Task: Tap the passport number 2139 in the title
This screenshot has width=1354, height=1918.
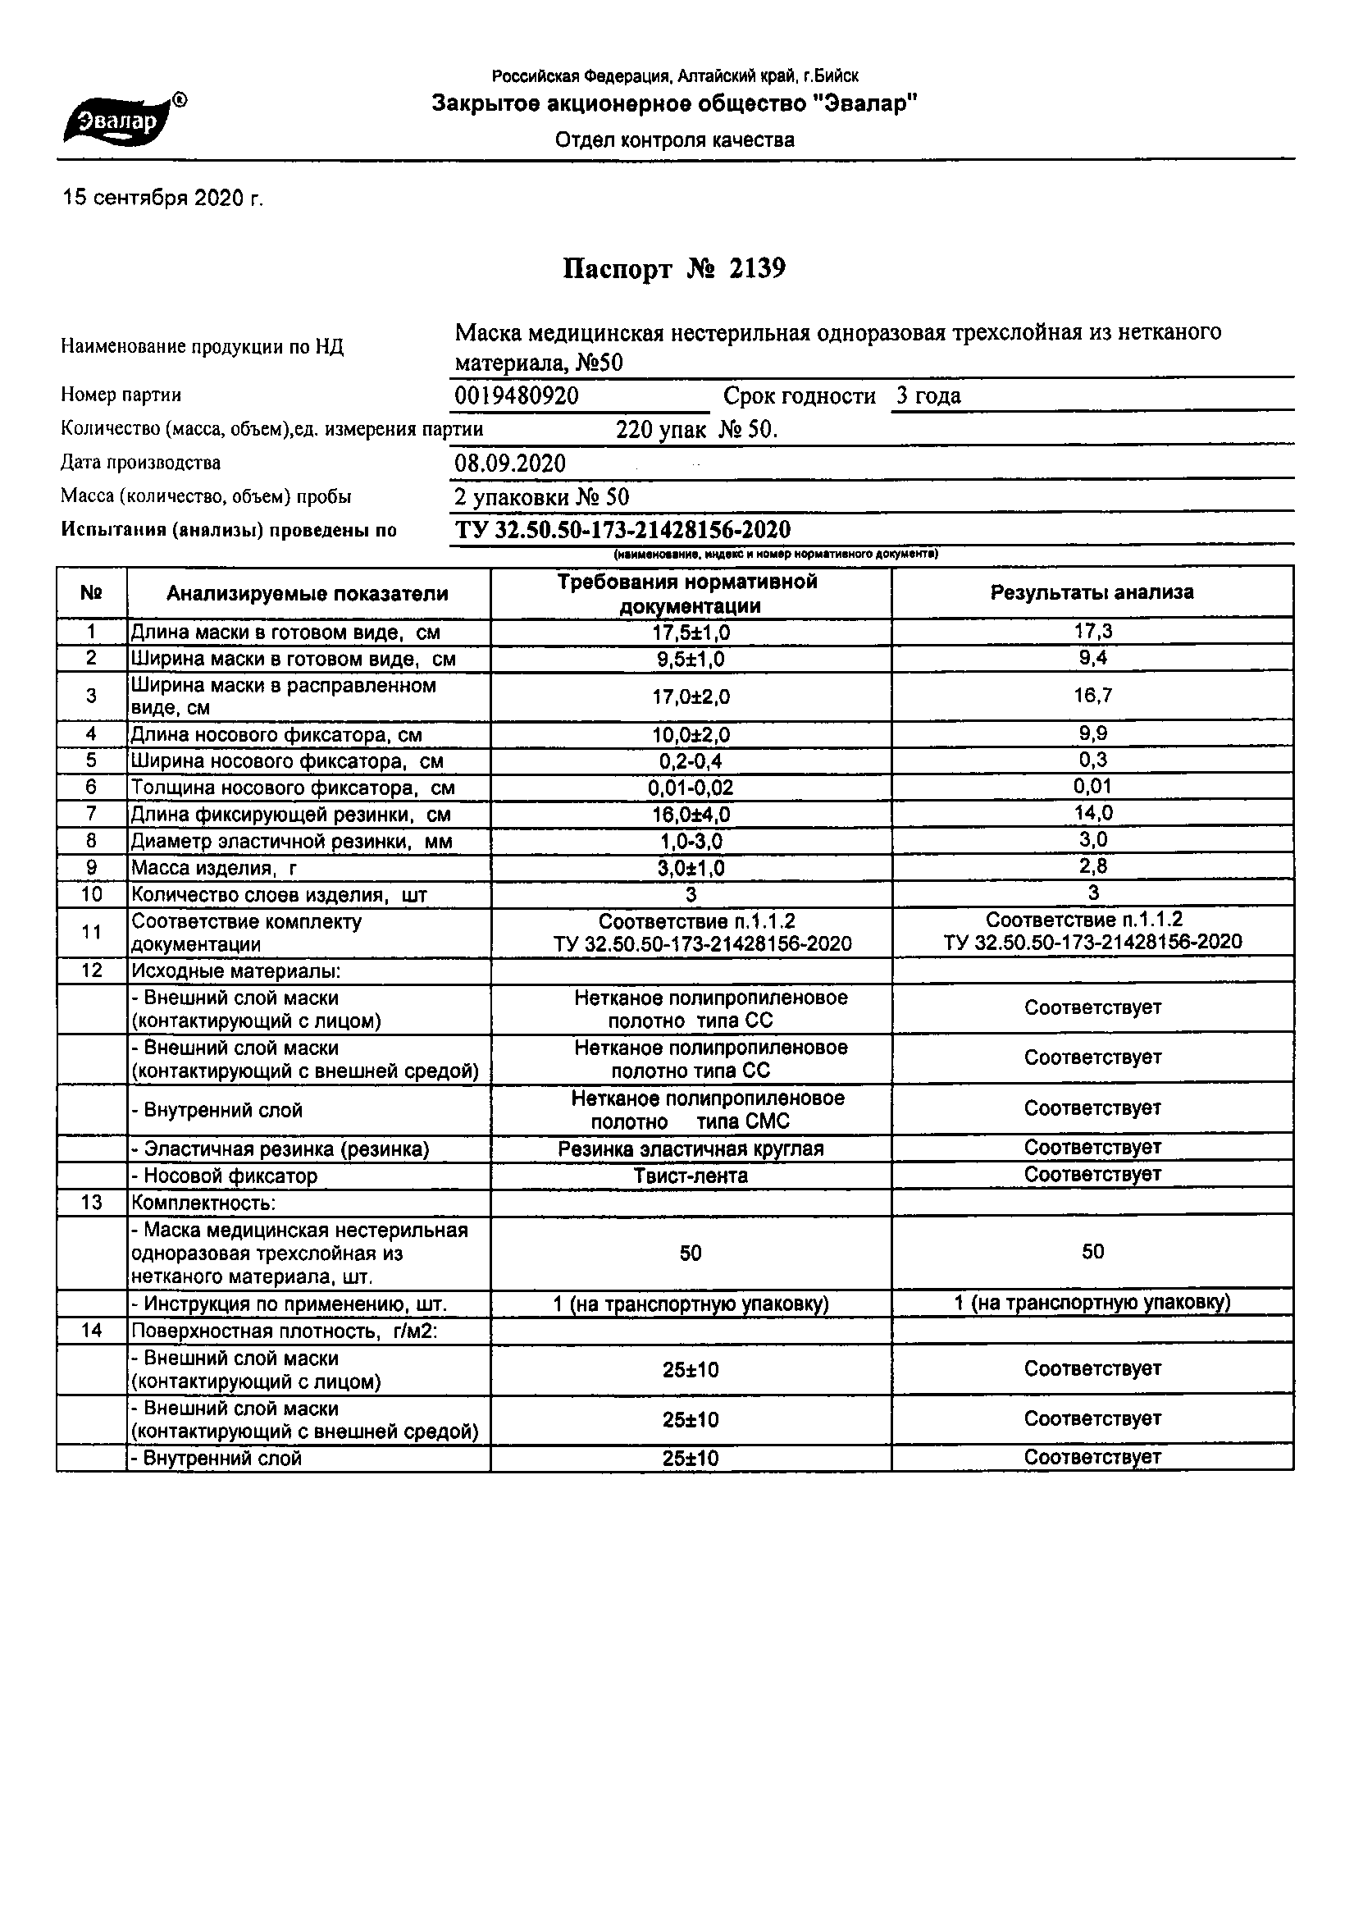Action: (757, 269)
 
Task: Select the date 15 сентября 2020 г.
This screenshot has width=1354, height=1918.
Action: (163, 199)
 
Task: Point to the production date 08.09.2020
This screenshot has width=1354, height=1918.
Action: (509, 464)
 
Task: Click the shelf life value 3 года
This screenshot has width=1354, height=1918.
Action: (928, 396)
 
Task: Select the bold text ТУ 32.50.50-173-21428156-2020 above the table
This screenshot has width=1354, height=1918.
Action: (622, 531)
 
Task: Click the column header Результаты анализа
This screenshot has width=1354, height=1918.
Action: (1092, 593)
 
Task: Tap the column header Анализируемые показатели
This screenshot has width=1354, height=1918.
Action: (307, 594)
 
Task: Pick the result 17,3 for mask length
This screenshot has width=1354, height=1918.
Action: (1092, 632)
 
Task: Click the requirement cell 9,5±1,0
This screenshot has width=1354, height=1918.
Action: (690, 659)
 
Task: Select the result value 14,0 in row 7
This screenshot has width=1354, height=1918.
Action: (1092, 813)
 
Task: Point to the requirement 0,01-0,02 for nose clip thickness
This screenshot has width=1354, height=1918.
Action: (690, 788)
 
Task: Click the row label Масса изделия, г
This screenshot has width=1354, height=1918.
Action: (214, 868)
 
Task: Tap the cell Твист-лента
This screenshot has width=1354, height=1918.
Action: (690, 1176)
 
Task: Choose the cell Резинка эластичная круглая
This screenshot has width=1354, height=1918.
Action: (690, 1149)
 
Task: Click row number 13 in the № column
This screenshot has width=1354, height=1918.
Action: (91, 1203)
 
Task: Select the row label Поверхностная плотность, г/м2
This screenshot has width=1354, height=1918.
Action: (283, 1331)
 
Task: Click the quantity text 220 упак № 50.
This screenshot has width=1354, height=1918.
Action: (696, 430)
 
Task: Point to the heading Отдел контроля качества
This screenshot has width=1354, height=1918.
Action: (674, 140)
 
